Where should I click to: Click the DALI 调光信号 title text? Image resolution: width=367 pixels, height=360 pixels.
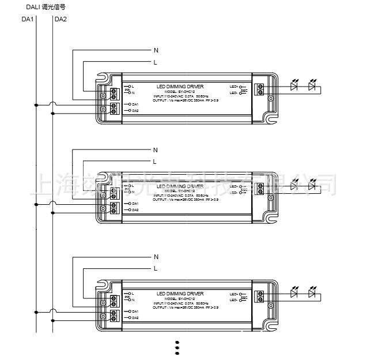[45, 7]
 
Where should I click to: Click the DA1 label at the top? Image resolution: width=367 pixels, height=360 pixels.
[28, 20]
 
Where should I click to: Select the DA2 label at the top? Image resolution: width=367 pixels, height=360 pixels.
[61, 20]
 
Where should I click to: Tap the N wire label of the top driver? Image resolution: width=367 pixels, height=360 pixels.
[156, 50]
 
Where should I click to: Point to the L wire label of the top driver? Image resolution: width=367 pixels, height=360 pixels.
[155, 62]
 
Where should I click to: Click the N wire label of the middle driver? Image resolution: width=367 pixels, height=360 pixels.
[156, 150]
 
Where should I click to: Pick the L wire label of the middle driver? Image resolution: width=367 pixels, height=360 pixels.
[154, 161]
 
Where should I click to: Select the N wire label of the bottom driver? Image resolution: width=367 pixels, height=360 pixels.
[156, 257]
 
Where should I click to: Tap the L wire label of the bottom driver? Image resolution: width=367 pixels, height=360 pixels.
[155, 268]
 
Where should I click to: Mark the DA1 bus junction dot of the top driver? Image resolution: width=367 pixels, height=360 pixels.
[36, 105]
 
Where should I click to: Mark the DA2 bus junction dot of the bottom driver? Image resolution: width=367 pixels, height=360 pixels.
[53, 320]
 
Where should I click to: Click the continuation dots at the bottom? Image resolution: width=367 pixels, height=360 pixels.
[177, 347]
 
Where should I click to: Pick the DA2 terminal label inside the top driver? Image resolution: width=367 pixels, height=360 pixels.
[135, 110]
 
